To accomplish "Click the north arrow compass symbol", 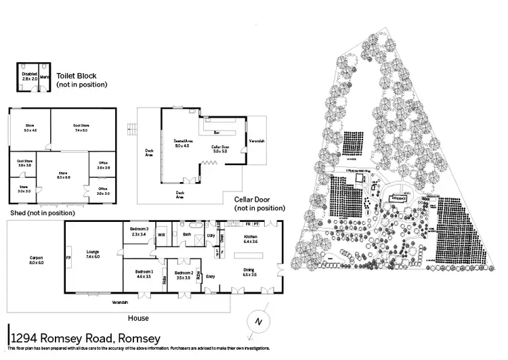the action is (255, 321).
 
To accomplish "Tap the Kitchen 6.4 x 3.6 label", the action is (251, 239).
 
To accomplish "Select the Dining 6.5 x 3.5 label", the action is (250, 273).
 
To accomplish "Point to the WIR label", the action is (161, 235).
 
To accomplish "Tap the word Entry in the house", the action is (210, 276).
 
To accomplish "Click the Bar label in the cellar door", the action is (217, 133).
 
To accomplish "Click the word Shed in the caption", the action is (18, 212).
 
